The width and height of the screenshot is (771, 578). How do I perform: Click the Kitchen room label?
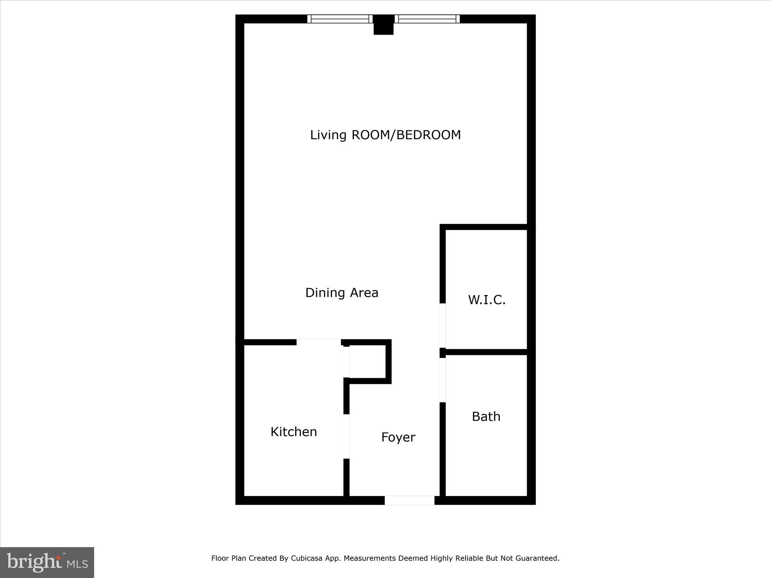point(294,432)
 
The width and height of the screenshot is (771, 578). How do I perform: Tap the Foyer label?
point(398,437)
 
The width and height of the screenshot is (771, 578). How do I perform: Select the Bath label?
point(486,417)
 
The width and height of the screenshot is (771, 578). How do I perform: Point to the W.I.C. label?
point(487,300)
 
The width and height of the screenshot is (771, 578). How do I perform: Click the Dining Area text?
point(341,293)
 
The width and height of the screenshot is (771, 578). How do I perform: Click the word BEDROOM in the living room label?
point(428,135)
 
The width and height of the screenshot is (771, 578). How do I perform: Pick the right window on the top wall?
point(427,19)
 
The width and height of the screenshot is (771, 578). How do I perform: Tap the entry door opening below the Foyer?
point(409,500)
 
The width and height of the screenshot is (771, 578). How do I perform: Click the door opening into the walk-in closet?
point(443,326)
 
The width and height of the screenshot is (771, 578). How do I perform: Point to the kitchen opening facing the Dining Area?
point(318,342)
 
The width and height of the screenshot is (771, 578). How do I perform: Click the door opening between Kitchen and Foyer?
point(346,437)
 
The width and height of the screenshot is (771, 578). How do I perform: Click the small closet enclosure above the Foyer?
point(367,362)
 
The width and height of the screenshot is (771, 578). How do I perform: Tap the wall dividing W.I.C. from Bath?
point(486,352)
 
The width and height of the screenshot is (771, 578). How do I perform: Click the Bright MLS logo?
point(47,562)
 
